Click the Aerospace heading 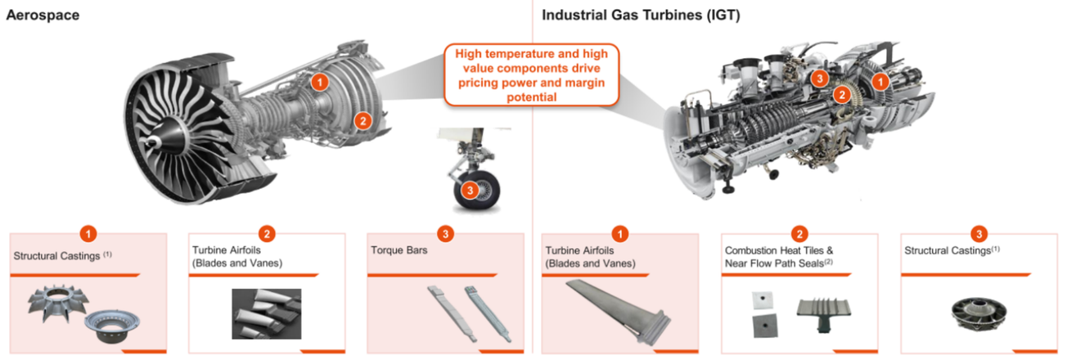tap(43, 16)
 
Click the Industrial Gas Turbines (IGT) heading tap(641, 16)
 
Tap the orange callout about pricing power tap(531, 75)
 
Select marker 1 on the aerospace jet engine tap(320, 83)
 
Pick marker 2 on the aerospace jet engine tap(363, 121)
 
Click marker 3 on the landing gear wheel tap(470, 191)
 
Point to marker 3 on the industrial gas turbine tap(819, 78)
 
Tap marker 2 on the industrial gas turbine tap(842, 95)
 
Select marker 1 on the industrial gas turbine tap(880, 82)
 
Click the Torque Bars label tap(399, 250)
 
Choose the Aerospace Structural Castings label tap(62, 256)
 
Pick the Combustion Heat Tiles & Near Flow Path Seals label tap(779, 257)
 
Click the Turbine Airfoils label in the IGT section tap(590, 257)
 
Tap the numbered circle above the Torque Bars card tap(445, 234)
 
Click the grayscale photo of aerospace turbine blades tap(266, 314)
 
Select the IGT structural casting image tap(979, 314)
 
